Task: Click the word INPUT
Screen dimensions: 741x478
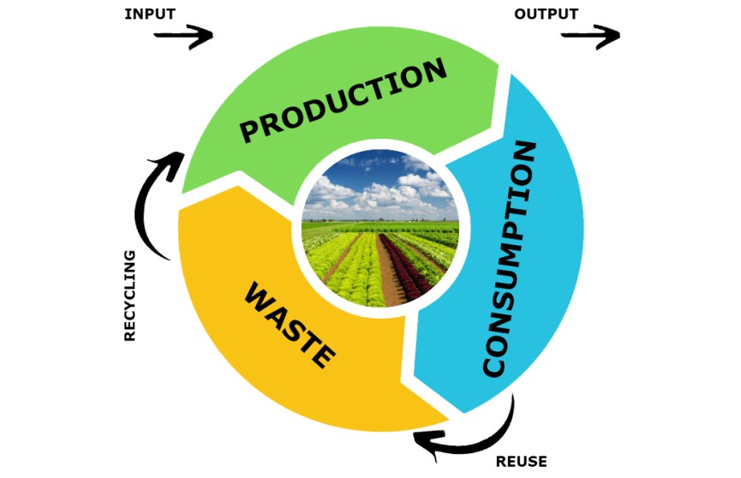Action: click(150, 15)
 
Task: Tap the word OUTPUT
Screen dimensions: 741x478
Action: click(546, 15)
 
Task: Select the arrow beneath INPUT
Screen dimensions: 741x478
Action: click(183, 36)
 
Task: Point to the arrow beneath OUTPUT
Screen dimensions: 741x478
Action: click(590, 36)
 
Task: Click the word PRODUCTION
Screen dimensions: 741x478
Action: click(344, 101)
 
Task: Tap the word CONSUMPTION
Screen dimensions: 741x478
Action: click(510, 258)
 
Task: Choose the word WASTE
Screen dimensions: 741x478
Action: click(290, 326)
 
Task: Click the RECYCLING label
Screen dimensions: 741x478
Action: click(129, 296)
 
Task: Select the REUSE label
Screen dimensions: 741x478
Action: click(521, 462)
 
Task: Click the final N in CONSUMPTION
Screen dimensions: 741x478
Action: click(523, 152)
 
